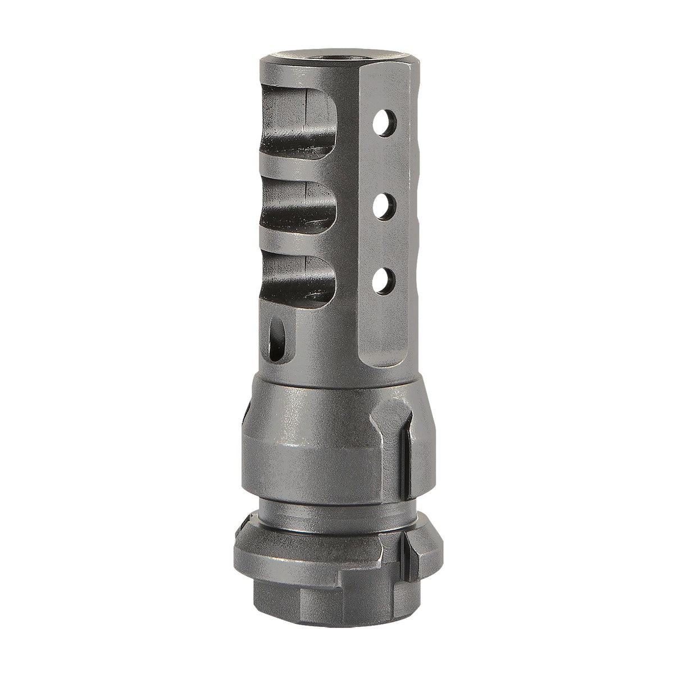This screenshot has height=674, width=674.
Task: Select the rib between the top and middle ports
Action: [x=292, y=175]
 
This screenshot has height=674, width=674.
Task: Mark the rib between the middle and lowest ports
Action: [x=292, y=247]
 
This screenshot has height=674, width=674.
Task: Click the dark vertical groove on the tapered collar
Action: [x=402, y=444]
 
